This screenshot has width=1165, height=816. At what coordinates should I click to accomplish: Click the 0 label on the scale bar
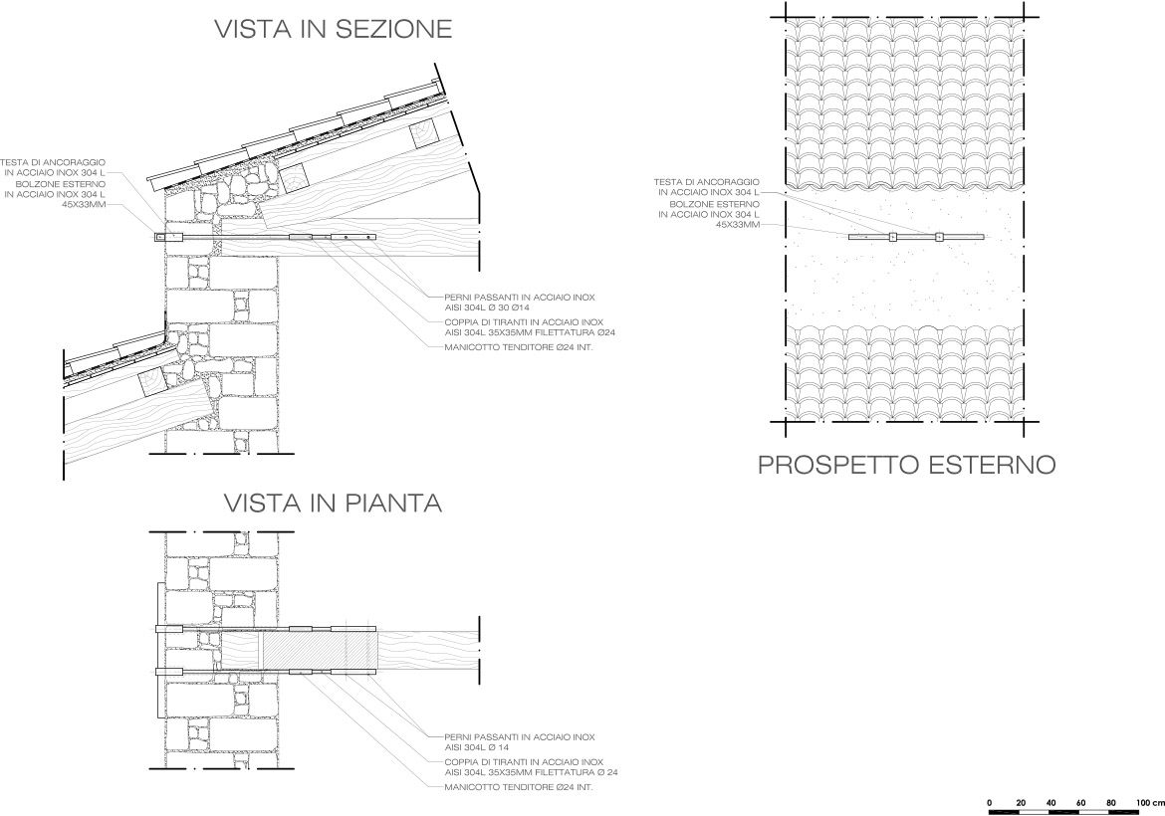(x=990, y=801)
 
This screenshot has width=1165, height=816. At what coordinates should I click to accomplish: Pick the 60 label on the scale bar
(x=1080, y=801)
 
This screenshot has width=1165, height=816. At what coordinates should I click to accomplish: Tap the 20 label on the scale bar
(x=1021, y=801)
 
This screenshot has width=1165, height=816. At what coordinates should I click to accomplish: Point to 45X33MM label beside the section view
(x=82, y=204)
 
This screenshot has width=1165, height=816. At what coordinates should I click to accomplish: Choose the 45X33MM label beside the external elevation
(x=736, y=225)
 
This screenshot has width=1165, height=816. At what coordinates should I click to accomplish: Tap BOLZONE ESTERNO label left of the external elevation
(x=709, y=203)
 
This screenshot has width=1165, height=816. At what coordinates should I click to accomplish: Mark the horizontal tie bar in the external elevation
(x=915, y=237)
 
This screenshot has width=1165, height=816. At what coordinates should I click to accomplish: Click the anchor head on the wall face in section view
(x=161, y=237)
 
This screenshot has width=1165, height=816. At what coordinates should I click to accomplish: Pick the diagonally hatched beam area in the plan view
(x=299, y=652)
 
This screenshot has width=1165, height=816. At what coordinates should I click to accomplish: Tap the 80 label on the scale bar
(x=1110, y=801)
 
